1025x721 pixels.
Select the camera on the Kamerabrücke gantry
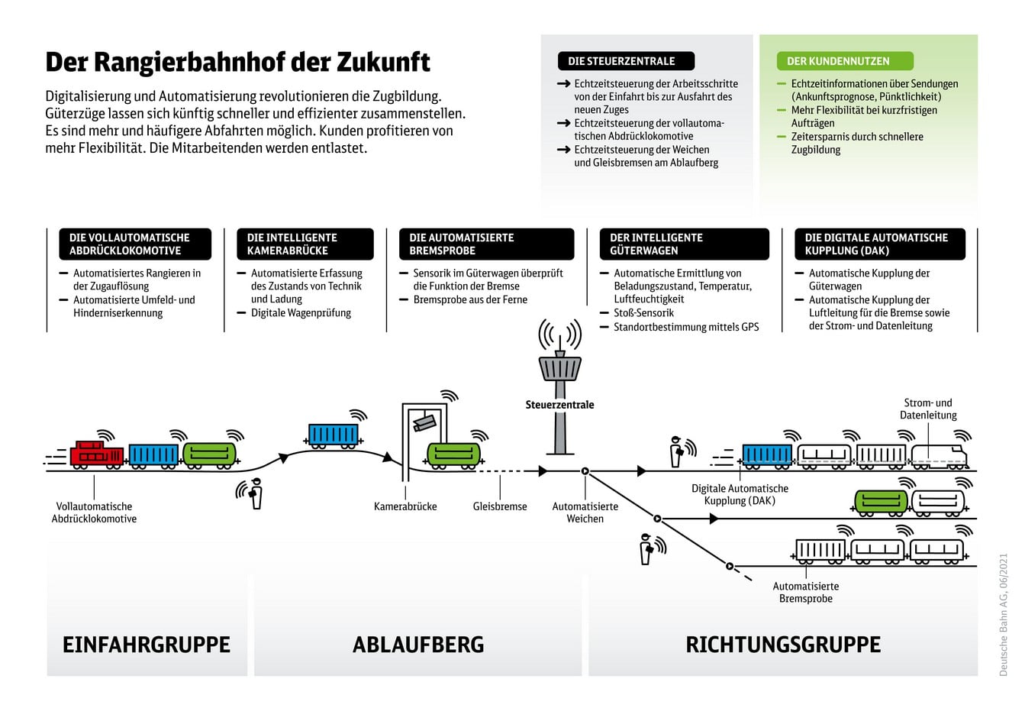tap(424, 421)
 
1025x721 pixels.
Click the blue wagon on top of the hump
tap(333, 435)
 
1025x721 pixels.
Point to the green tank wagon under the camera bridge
tap(453, 454)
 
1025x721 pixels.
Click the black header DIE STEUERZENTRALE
tap(626, 61)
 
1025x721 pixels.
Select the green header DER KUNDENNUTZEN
tap(838, 61)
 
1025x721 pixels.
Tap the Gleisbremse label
tap(500, 506)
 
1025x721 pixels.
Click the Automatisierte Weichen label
tap(585, 512)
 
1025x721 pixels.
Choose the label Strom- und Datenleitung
tap(928, 409)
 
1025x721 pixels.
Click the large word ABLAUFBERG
tap(418, 645)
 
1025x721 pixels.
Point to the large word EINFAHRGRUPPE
tap(147, 645)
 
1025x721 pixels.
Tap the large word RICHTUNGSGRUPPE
tap(783, 645)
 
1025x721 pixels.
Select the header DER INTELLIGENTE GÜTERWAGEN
tap(684, 244)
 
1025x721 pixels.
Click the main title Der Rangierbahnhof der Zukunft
tap(238, 62)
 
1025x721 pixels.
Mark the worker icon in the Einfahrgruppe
tap(255, 493)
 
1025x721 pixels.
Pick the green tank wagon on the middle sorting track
tap(881, 502)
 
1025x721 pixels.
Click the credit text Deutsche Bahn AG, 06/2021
tap(1004, 615)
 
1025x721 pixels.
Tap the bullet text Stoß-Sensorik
tap(643, 313)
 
